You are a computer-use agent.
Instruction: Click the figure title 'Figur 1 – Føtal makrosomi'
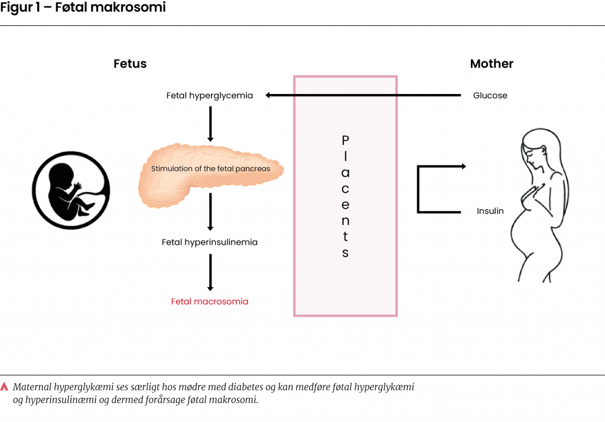point(83,8)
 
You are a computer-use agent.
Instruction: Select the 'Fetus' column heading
point(130,64)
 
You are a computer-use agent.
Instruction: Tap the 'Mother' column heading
point(492,64)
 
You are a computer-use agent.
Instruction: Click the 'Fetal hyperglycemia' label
point(210,96)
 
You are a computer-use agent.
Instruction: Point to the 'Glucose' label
point(490,96)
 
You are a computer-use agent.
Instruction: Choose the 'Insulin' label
point(490,211)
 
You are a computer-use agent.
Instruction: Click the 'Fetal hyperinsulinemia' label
point(210,242)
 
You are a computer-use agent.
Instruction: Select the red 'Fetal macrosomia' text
point(210,301)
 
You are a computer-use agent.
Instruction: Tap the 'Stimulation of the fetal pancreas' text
point(210,169)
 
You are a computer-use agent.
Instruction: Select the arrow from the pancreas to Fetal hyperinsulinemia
point(210,212)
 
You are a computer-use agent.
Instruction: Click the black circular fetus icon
point(71,190)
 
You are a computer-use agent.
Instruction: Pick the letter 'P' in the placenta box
point(346,140)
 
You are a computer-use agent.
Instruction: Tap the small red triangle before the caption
point(5,387)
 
